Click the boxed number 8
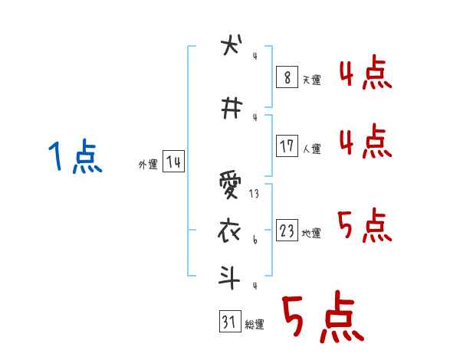click(x=286, y=77)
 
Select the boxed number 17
click(x=286, y=146)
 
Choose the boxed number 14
click(x=173, y=162)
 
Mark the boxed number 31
click(x=228, y=322)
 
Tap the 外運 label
click(x=147, y=165)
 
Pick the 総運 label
click(x=255, y=325)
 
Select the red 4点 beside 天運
click(x=364, y=74)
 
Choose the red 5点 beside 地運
click(x=364, y=227)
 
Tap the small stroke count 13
click(x=254, y=195)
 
